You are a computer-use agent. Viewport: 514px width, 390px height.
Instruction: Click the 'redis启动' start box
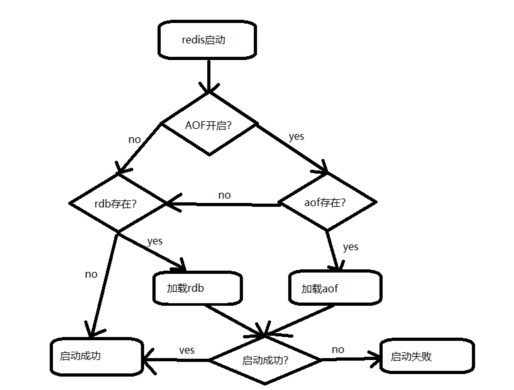pyautogui.click(x=207, y=40)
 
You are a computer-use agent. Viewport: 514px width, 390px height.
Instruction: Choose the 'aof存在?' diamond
pyautogui.click(x=327, y=202)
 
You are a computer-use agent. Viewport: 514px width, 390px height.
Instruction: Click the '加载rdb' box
pyautogui.click(x=198, y=288)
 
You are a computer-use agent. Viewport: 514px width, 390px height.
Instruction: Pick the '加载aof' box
pyautogui.click(x=335, y=288)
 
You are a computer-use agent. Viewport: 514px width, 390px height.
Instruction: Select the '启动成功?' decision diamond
pyautogui.click(x=265, y=360)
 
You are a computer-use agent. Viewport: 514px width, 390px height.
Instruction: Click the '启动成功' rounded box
pyautogui.click(x=97, y=356)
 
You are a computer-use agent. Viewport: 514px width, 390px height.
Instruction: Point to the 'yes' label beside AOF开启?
pyautogui.click(x=296, y=136)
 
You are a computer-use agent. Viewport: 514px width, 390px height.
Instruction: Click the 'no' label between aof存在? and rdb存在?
pyautogui.click(x=224, y=195)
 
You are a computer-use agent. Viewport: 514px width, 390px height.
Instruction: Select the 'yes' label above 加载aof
pyautogui.click(x=350, y=247)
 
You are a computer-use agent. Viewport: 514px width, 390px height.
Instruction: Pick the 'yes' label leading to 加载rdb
pyautogui.click(x=155, y=241)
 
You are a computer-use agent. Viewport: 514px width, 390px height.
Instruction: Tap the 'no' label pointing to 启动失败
pyautogui.click(x=338, y=349)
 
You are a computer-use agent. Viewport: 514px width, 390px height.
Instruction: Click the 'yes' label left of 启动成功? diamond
pyautogui.click(x=187, y=350)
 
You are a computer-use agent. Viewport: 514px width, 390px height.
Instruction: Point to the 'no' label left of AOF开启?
pyautogui.click(x=134, y=139)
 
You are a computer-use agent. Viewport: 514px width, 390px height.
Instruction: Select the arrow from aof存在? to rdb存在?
pyautogui.click(x=223, y=204)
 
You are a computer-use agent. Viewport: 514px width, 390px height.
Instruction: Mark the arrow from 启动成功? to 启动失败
pyautogui.click(x=351, y=359)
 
